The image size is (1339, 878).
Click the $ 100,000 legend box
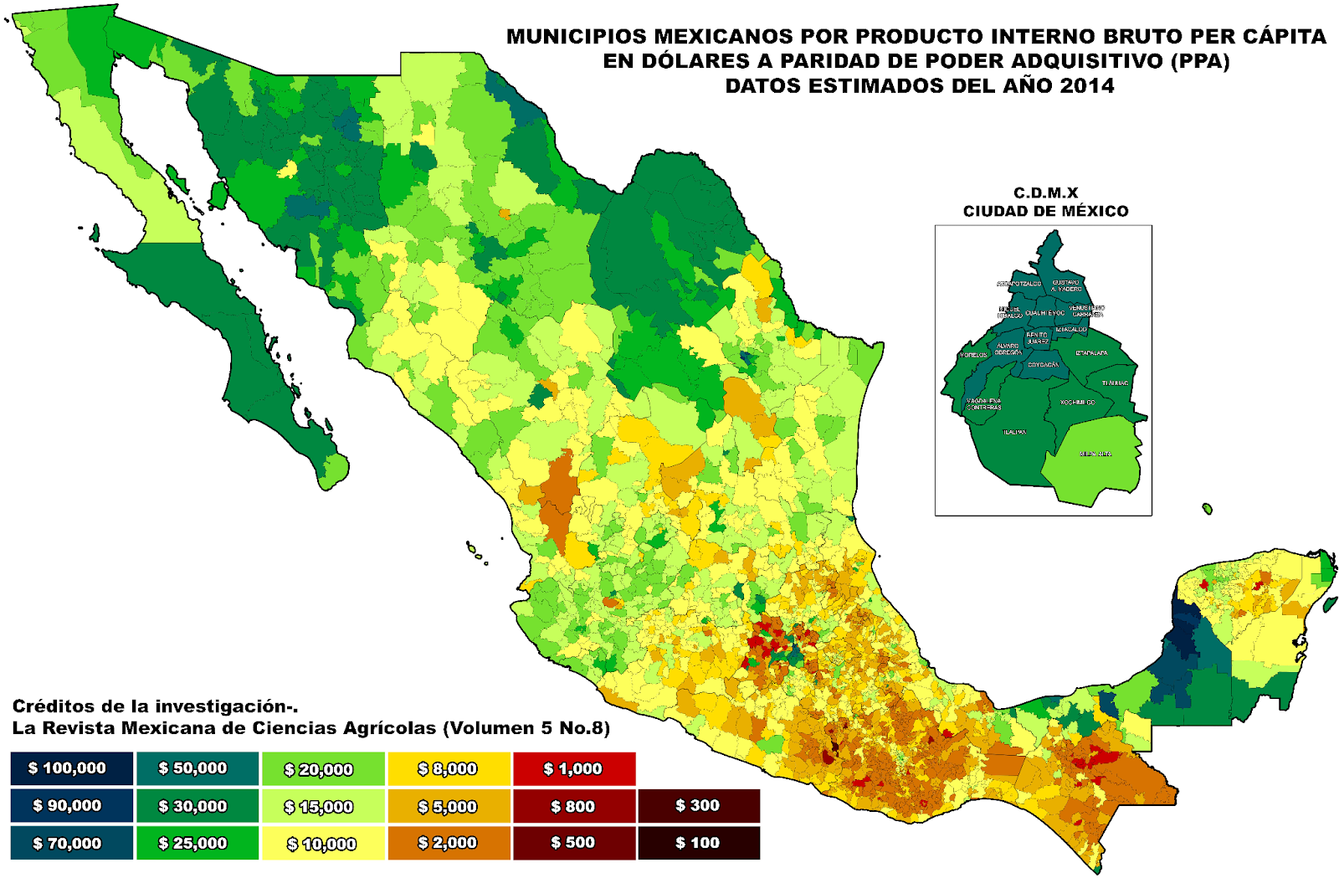(x=71, y=768)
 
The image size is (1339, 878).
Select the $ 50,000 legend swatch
(x=197, y=768)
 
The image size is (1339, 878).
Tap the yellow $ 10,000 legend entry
(x=322, y=844)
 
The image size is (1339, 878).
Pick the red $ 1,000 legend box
(x=573, y=768)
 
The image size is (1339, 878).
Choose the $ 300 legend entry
(x=698, y=805)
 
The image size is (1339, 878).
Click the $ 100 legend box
(x=698, y=843)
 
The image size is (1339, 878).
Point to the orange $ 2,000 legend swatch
(x=448, y=843)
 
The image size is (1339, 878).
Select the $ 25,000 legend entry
(x=197, y=843)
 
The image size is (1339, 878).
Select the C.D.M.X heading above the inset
(x=1045, y=193)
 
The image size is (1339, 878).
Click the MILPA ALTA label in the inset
(x=1095, y=454)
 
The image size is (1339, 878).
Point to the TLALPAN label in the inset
(x=1014, y=433)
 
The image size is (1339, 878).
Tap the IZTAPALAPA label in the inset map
(x=1091, y=353)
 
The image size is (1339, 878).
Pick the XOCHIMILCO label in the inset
(x=1077, y=403)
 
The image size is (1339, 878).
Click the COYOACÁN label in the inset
(x=1043, y=365)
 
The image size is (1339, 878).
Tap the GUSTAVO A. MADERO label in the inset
(x=1066, y=285)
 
